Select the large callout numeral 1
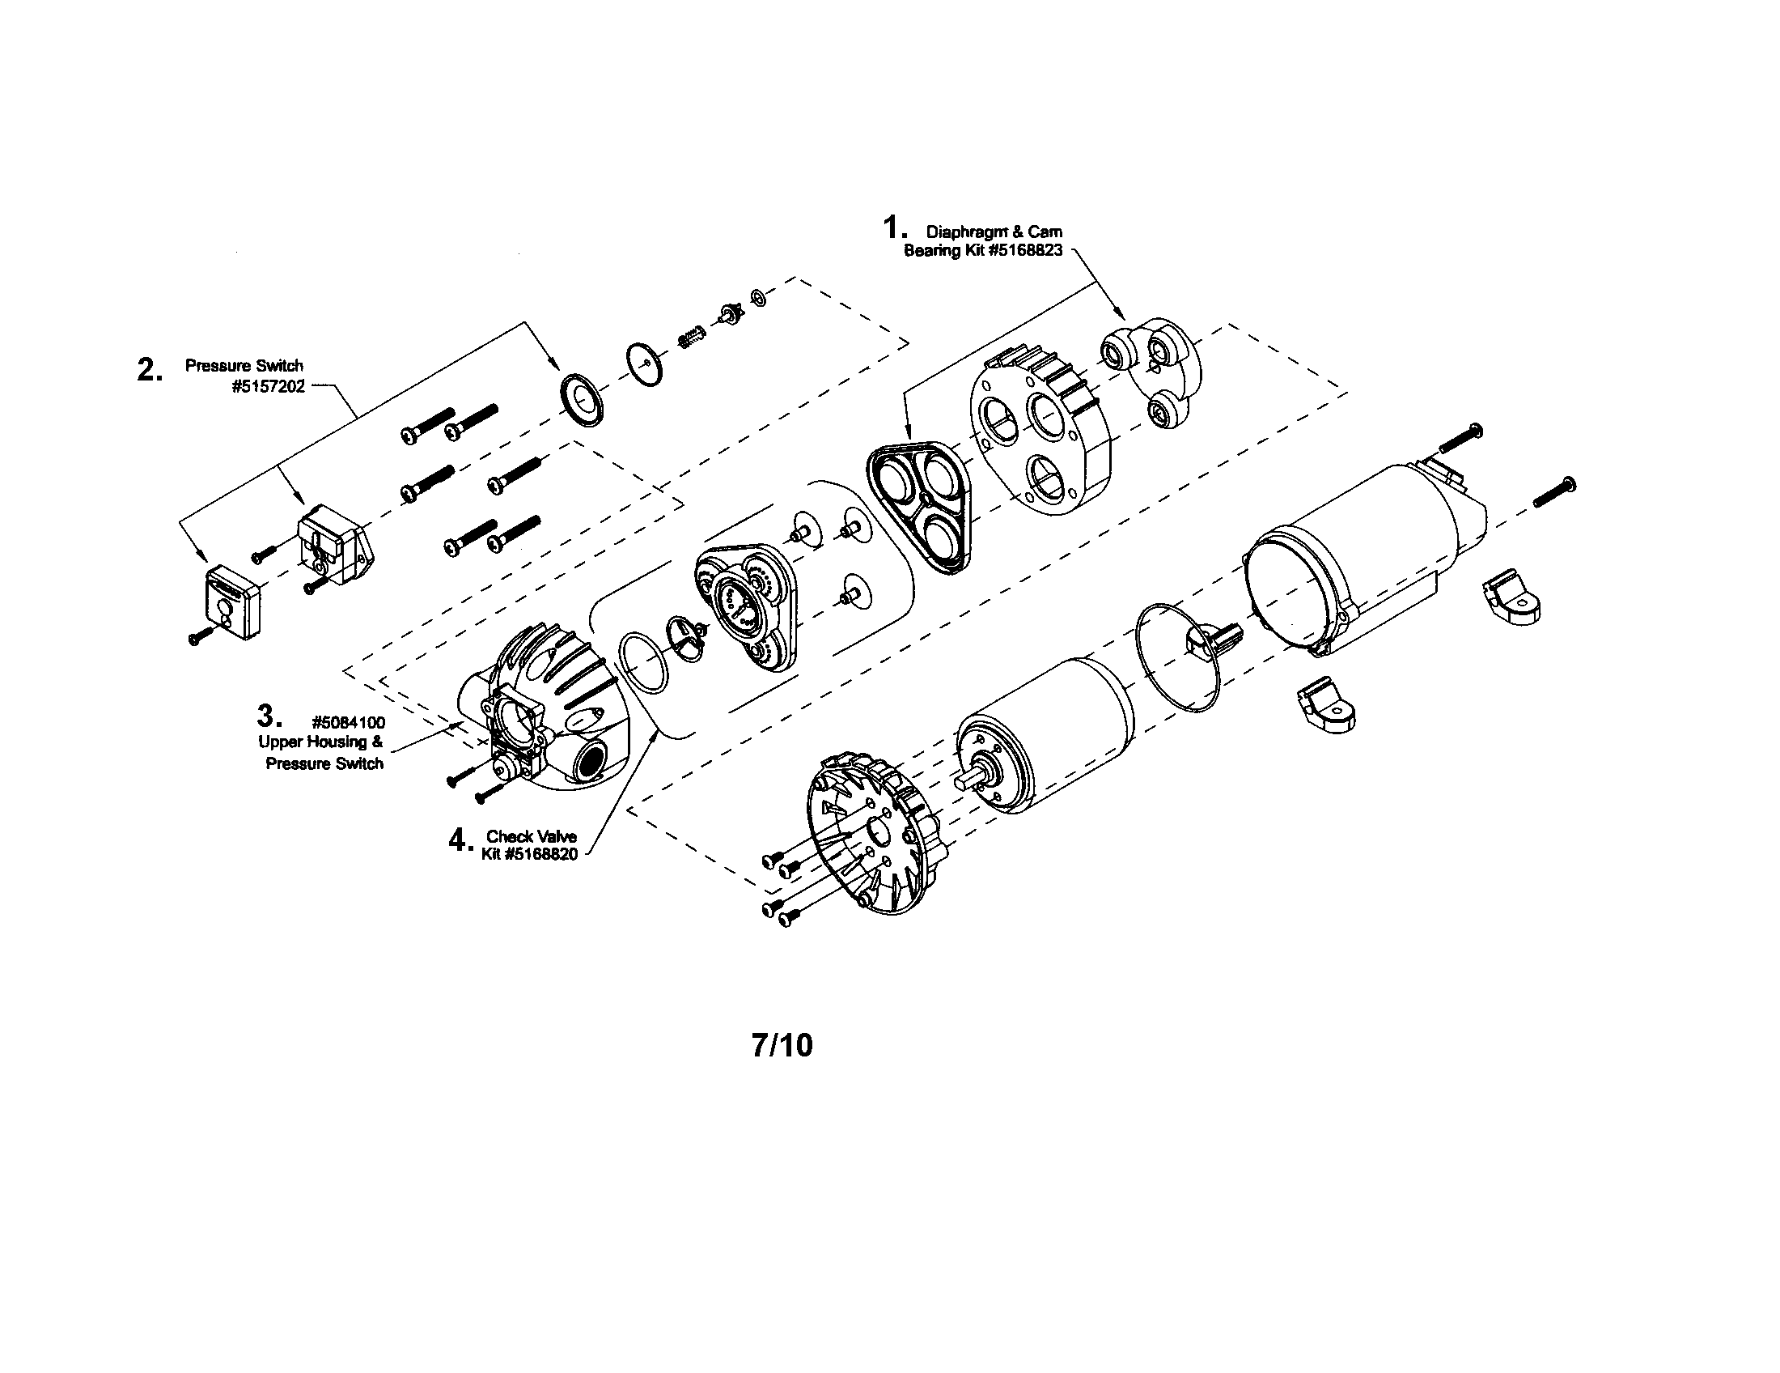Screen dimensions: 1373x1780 coord(895,226)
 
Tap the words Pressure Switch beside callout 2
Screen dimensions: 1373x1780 coord(244,365)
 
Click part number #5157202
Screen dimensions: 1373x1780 coord(268,386)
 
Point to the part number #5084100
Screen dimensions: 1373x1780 coord(348,722)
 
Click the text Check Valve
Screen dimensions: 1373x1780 coord(532,836)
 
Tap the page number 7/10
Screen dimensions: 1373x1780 coord(782,1045)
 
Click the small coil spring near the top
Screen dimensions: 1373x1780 coord(690,335)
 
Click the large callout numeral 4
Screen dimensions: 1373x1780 coord(459,840)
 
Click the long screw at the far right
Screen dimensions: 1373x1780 coord(1554,493)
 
